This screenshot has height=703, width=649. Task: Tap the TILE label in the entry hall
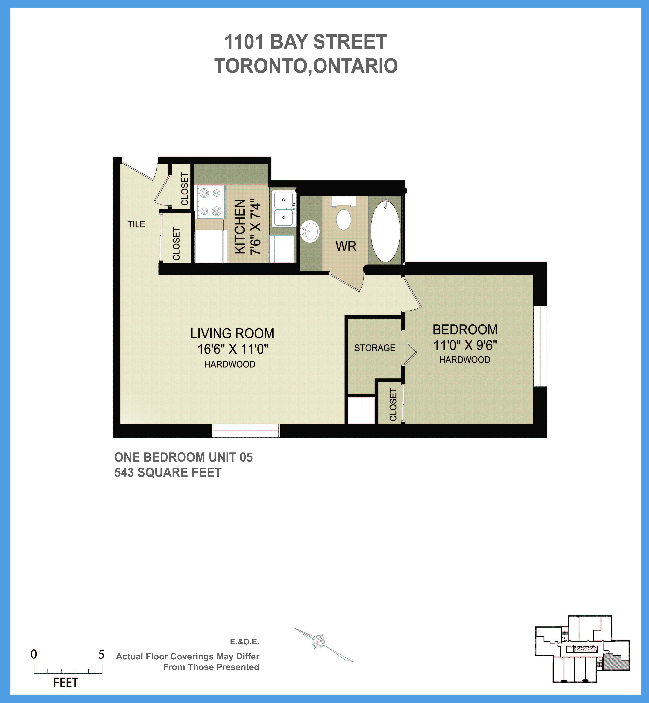(x=136, y=224)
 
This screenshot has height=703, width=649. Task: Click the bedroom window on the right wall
(x=540, y=347)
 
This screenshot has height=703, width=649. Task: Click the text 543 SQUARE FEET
(x=168, y=472)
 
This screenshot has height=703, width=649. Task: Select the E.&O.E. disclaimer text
(x=244, y=642)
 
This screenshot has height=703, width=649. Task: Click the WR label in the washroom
(x=346, y=246)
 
